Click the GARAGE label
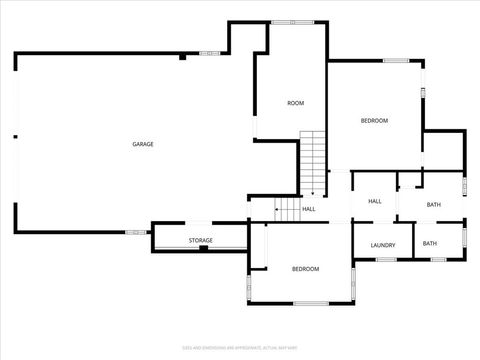click(x=143, y=145)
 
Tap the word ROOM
click(x=295, y=103)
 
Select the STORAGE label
click(x=201, y=241)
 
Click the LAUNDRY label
click(x=383, y=245)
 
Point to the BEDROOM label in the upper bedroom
click(x=374, y=121)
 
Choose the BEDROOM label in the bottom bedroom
click(x=305, y=269)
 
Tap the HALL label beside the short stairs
click(x=309, y=209)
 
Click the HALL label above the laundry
click(x=375, y=201)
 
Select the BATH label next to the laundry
click(x=429, y=244)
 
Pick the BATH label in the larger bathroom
click(x=433, y=205)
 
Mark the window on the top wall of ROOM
click(x=296, y=21)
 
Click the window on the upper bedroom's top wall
click(x=396, y=61)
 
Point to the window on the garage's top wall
click(x=209, y=52)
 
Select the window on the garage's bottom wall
click(x=133, y=233)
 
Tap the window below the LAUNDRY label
click(x=386, y=260)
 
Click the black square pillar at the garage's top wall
click(x=182, y=57)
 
